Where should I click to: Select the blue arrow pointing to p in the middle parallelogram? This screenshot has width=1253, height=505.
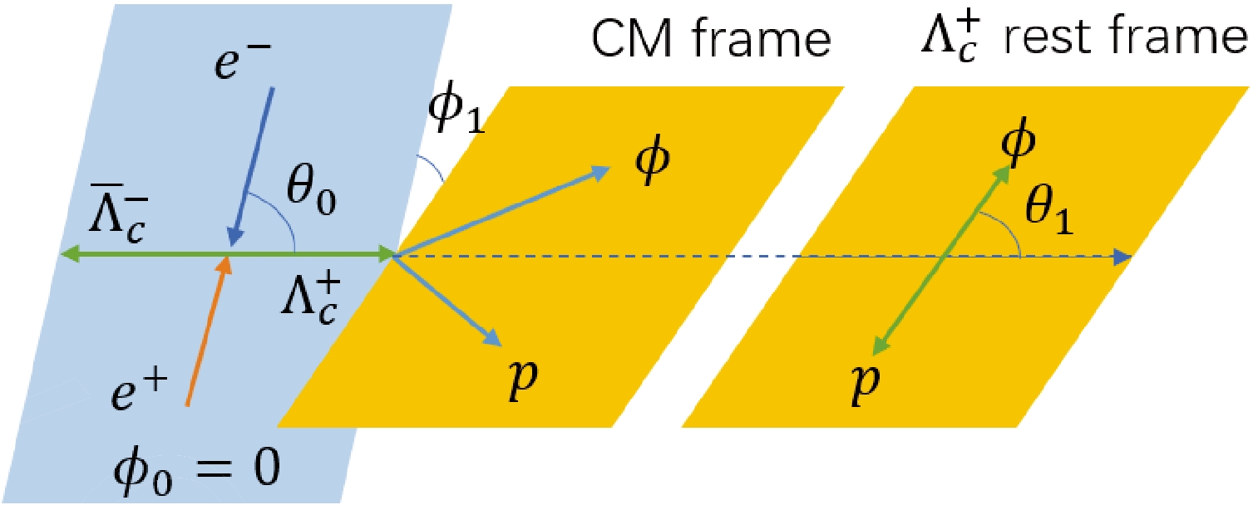(x=449, y=299)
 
